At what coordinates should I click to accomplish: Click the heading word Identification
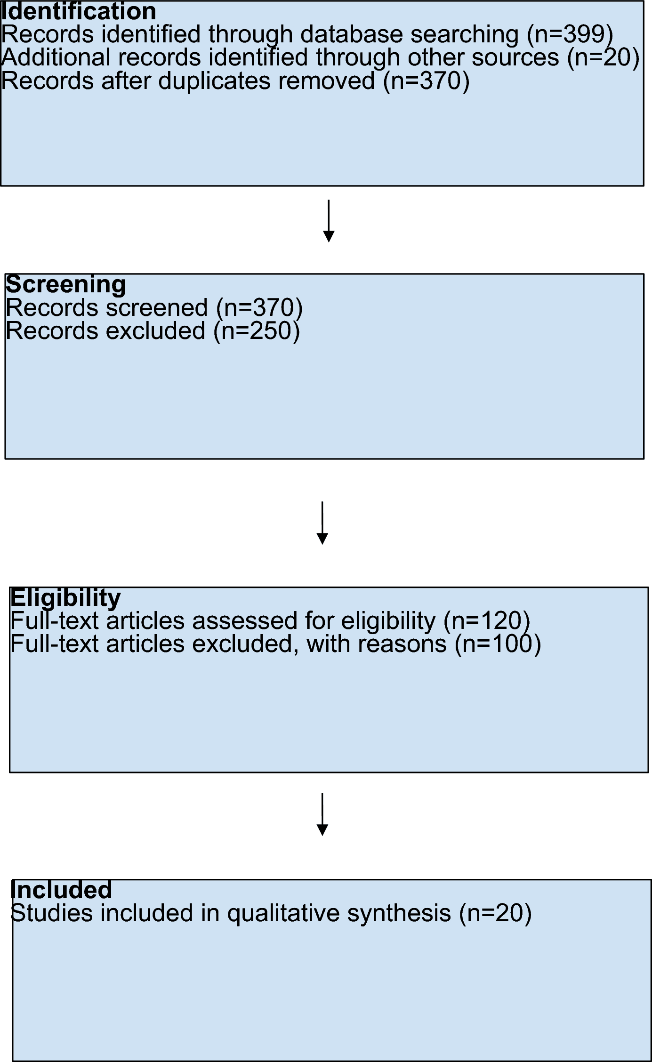point(78,11)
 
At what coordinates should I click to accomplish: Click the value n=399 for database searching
point(570,35)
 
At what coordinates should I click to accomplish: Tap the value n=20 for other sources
point(603,58)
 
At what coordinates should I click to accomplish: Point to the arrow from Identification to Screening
point(329,221)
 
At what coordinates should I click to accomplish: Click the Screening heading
point(65,284)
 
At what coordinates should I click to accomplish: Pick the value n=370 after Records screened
point(259,308)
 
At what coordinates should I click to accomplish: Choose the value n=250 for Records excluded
point(257,331)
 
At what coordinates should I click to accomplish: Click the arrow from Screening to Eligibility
point(322,523)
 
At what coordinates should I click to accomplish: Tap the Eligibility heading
point(65,598)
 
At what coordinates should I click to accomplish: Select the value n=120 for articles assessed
point(487,621)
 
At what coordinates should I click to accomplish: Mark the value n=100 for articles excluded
point(498,644)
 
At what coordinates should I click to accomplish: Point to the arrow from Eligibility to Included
point(322,814)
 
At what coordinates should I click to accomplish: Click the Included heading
point(61,890)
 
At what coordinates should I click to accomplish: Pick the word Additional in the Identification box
point(56,58)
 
